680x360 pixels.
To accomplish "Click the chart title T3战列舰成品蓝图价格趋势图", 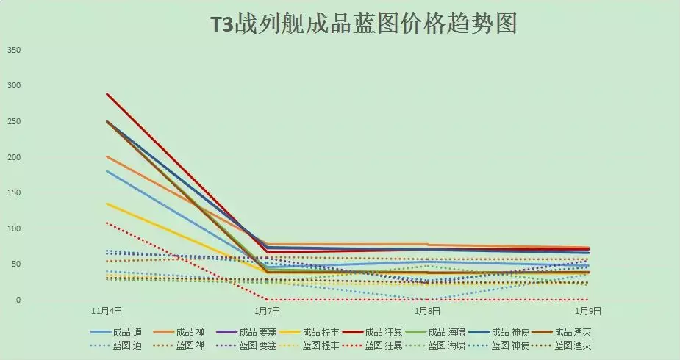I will coord(363,24).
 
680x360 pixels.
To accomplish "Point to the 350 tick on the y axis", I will coord(13,51).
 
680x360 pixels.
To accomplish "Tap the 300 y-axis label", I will coord(13,86).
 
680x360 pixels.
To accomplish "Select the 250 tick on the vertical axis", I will coord(13,122).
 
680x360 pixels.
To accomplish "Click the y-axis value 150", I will coord(13,193).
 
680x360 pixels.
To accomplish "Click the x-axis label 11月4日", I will coord(107,312).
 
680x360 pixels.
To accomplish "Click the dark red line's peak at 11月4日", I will coord(107,94).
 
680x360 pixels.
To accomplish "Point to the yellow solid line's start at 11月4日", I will coord(107,204).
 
